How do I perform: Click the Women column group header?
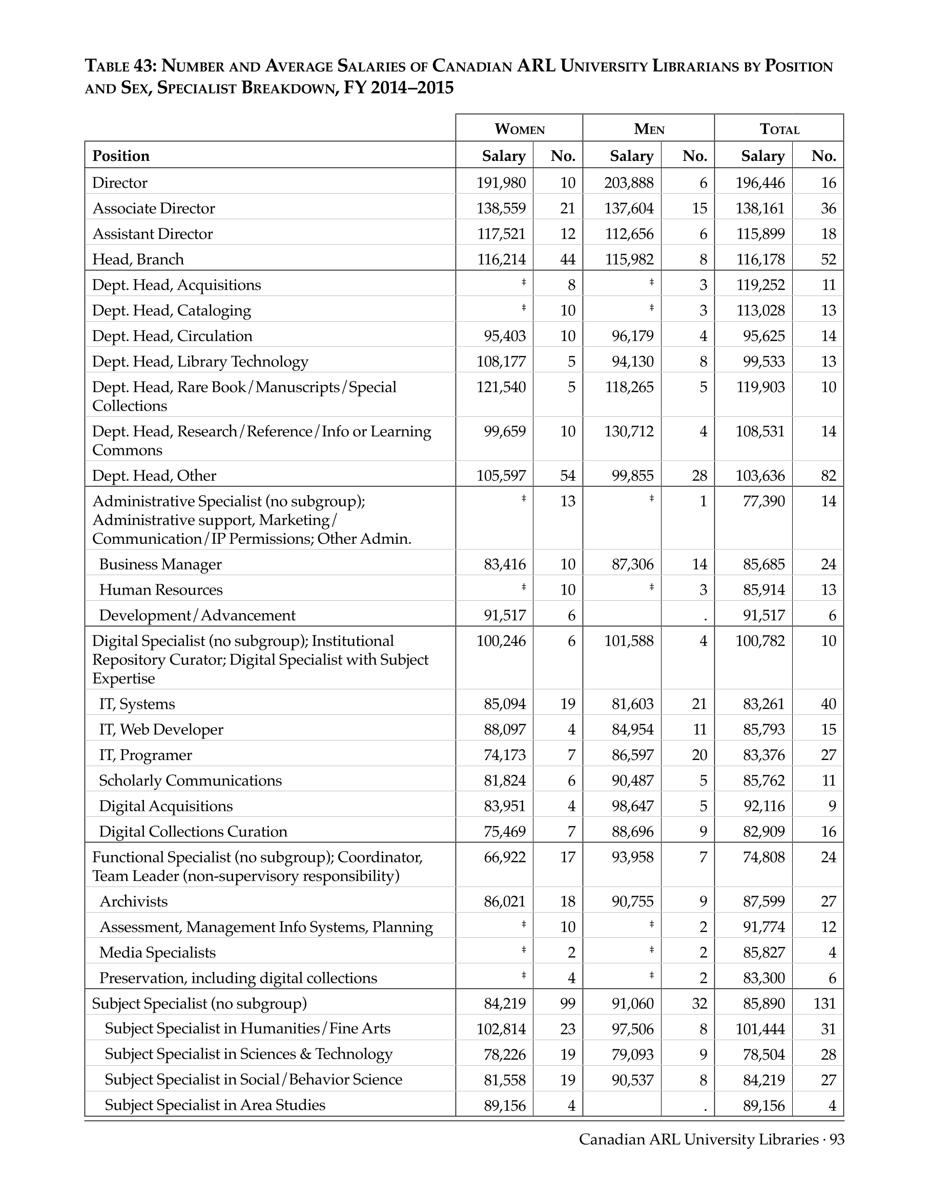[x=519, y=129]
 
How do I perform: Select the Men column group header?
[x=649, y=129]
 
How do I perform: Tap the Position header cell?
[x=121, y=156]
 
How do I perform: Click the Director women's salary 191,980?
[x=501, y=183]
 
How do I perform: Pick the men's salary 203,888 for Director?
[x=629, y=183]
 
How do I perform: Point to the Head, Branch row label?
[x=138, y=259]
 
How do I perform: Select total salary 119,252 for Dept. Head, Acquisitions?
[x=760, y=285]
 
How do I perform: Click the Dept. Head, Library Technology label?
[x=200, y=362]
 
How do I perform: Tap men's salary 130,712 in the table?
[x=629, y=431]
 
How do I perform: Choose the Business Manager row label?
[x=160, y=564]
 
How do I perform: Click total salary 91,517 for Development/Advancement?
[x=763, y=616]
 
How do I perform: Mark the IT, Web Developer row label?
[x=161, y=730]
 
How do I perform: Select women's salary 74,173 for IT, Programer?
[x=504, y=755]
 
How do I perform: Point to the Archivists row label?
[x=133, y=901]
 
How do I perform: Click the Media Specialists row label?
[x=157, y=953]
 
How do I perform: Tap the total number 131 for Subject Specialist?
[x=824, y=1003]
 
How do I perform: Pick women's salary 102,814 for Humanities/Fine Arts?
[x=501, y=1029]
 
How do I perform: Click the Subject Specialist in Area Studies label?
[x=215, y=1105]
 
